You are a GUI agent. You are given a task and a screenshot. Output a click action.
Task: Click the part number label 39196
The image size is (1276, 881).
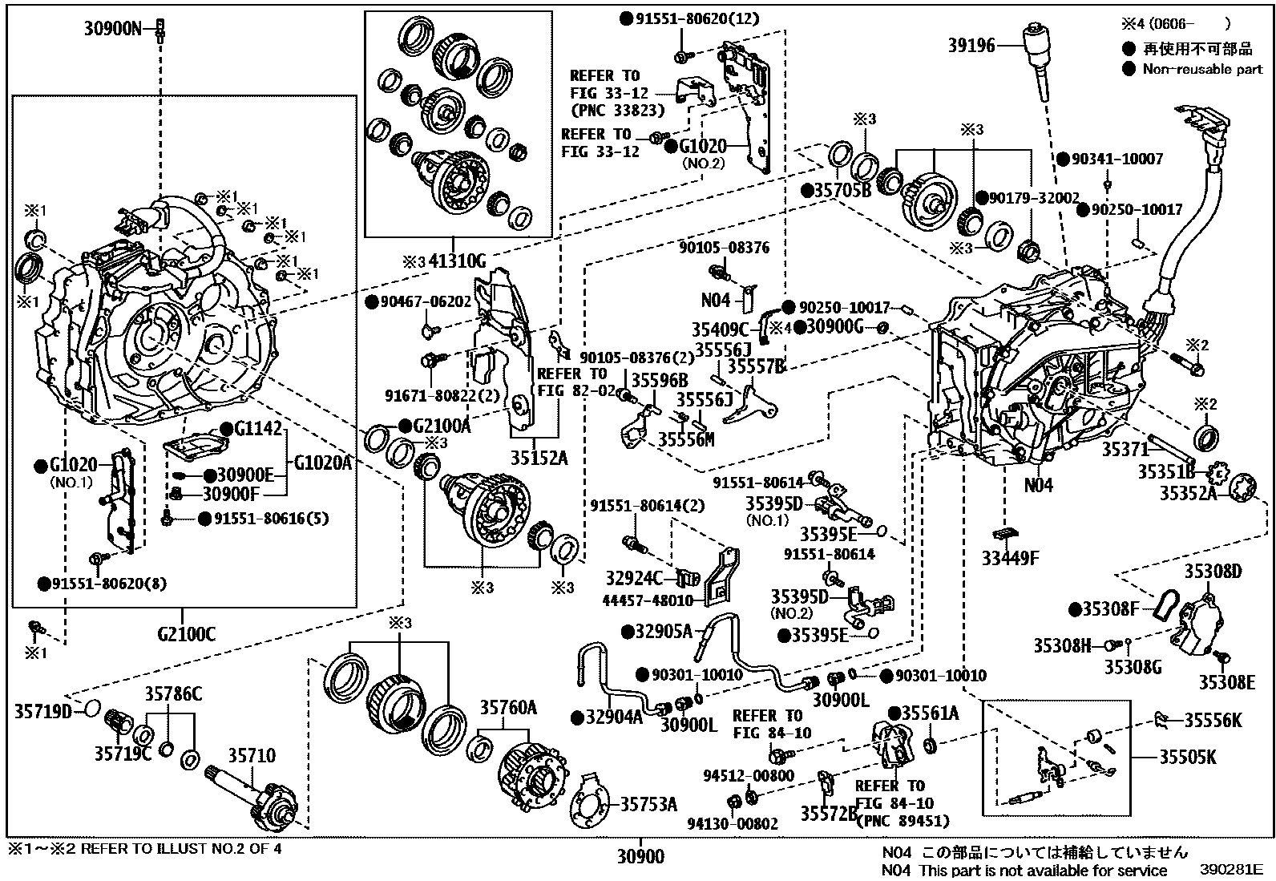coord(971,45)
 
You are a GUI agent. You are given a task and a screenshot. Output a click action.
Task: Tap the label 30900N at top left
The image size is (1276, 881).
coord(113,28)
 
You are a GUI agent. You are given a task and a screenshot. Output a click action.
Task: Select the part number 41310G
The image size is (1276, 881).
coord(457,261)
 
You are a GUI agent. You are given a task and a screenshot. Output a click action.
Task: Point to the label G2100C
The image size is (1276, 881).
coord(186,633)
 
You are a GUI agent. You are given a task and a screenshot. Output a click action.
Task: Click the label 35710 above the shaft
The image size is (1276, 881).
coord(252,756)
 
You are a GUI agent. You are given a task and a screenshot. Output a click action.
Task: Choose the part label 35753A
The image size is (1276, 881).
coord(648,804)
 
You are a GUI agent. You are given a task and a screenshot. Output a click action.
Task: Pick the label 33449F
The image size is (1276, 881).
coord(1010,558)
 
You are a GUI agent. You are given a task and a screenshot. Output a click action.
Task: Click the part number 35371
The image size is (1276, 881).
coord(1125,450)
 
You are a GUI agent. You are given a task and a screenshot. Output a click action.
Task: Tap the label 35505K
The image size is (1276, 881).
coord(1188,757)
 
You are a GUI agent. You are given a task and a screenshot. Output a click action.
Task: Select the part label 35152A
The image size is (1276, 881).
coord(539,459)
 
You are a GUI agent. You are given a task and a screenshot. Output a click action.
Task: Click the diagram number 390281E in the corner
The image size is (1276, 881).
coord(1231,870)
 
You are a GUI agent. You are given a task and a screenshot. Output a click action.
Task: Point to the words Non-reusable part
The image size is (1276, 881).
coord(1202,70)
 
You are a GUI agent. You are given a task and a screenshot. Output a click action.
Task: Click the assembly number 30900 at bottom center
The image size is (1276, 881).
coord(640,856)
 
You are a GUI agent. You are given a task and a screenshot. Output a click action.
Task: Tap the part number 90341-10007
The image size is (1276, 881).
coord(1117,159)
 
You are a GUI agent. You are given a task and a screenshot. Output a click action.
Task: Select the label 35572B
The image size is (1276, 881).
coord(829,814)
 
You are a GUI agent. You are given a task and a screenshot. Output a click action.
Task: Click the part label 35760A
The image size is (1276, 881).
coord(508,708)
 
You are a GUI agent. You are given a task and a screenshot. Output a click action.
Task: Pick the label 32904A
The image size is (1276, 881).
coord(614,717)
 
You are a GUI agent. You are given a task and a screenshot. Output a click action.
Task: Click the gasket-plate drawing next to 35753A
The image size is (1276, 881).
coord(589,801)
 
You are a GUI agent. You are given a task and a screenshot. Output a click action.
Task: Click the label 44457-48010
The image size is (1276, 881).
coord(648,600)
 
